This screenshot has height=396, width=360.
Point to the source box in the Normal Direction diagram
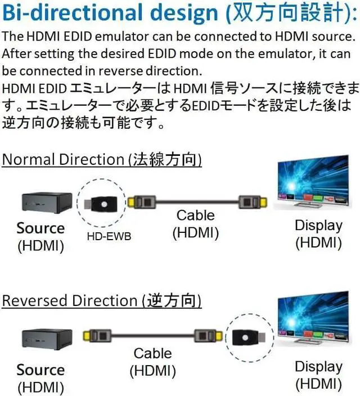pos(47,202)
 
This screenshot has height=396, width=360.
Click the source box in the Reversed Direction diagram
pos(47,339)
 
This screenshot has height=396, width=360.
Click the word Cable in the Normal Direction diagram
pos(195,215)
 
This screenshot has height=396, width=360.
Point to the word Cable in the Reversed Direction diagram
pos(152,354)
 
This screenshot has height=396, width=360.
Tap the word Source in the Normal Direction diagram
pos(40,228)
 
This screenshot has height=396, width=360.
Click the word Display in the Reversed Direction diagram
pos(318,367)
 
